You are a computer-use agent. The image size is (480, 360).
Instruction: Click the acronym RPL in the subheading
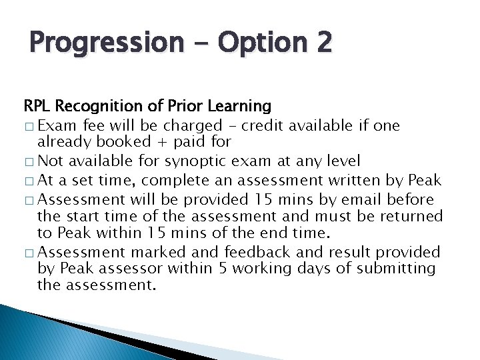click(x=38, y=106)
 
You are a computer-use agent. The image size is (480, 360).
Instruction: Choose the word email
click(x=349, y=199)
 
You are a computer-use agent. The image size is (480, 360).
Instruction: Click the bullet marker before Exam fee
click(x=29, y=125)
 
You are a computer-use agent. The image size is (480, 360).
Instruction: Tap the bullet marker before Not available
click(x=29, y=161)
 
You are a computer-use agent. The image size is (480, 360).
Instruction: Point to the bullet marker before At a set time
click(x=29, y=181)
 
